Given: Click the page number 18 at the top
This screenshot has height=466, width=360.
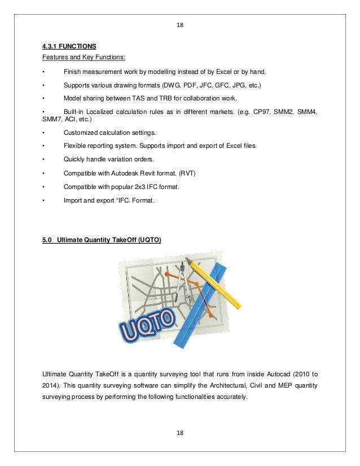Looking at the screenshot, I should (x=180, y=25).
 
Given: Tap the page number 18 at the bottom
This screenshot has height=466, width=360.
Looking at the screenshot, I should (x=180, y=433).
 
